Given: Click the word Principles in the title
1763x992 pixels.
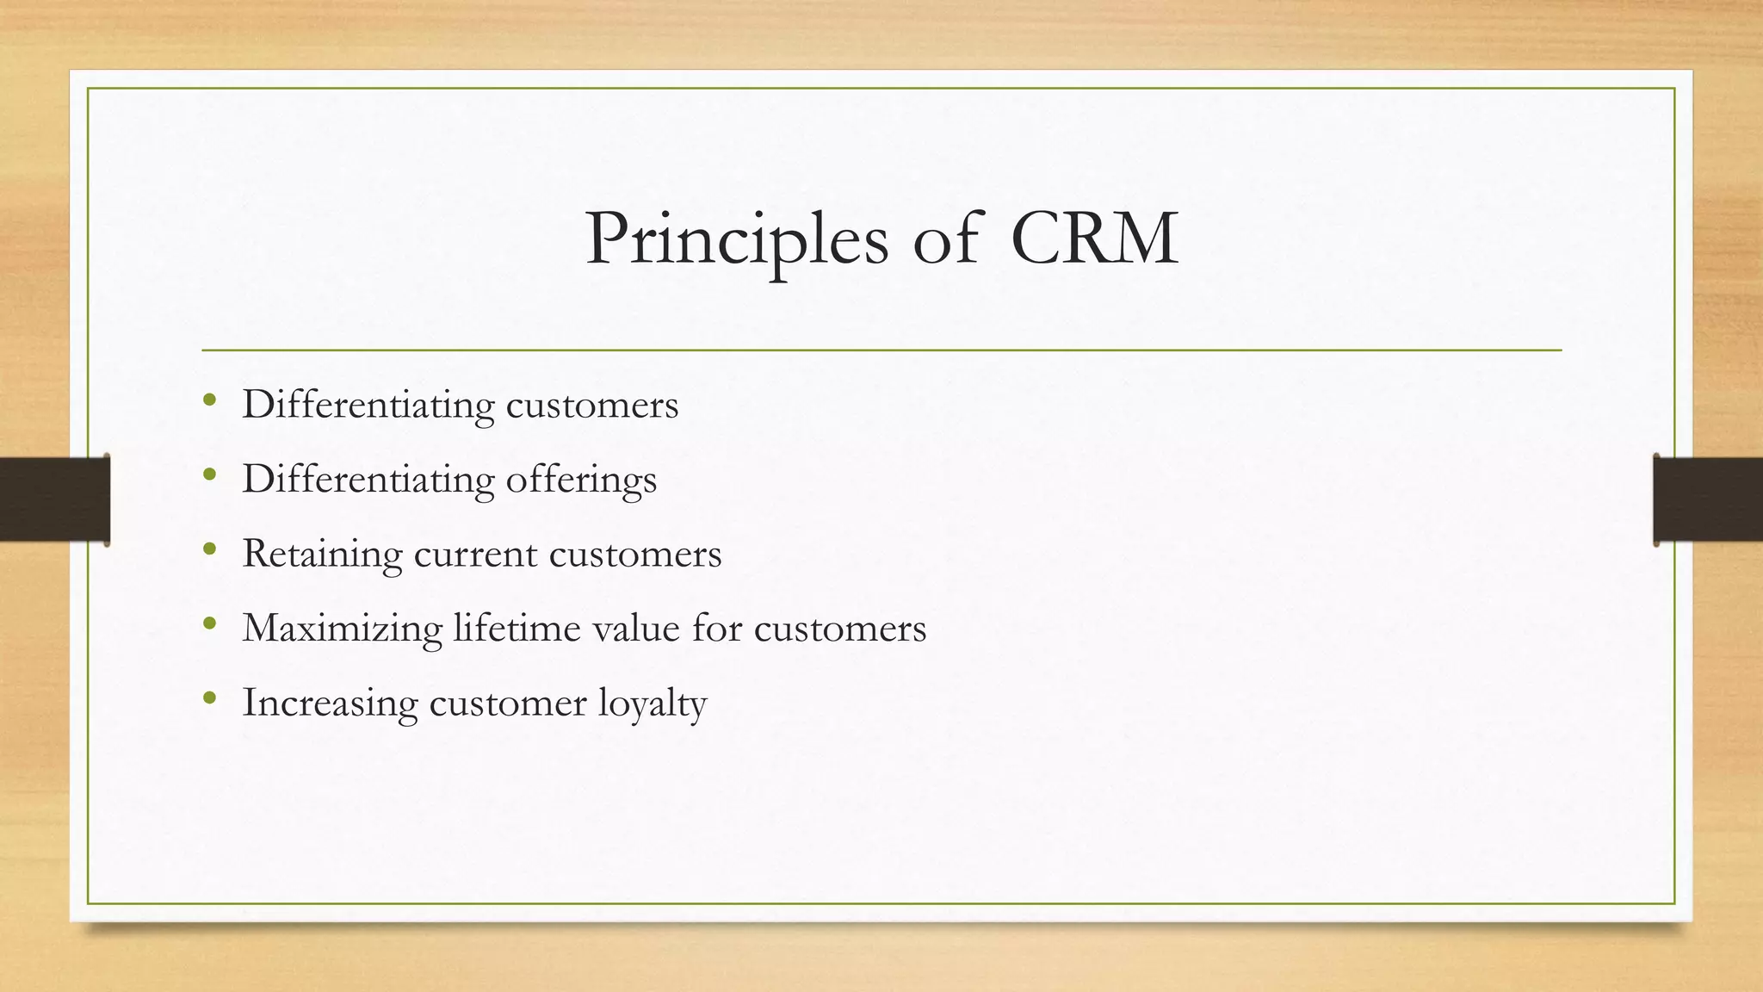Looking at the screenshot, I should [736, 239].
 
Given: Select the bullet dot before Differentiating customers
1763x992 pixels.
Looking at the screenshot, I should [209, 400].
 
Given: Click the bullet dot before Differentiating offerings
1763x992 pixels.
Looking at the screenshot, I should [209, 474].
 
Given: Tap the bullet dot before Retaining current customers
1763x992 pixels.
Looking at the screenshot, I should [209, 549].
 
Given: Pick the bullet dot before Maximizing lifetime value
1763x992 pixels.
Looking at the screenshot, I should [209, 623].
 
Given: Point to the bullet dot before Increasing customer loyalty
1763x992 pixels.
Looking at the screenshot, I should [209, 698].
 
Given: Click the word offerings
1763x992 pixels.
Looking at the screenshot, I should [581, 480].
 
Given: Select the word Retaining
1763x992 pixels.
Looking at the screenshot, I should [322, 554].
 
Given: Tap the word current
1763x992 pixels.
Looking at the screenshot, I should [475, 554].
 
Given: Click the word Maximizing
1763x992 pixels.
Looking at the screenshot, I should [343, 629].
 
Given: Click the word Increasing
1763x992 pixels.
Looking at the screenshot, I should [330, 703].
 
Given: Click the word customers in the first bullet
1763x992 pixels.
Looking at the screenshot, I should [592, 405].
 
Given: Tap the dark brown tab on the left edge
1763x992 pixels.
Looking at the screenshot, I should [54, 499].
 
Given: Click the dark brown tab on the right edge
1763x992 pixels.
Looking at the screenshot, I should [1708, 499].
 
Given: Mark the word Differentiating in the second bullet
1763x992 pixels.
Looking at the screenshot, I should [368, 480].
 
